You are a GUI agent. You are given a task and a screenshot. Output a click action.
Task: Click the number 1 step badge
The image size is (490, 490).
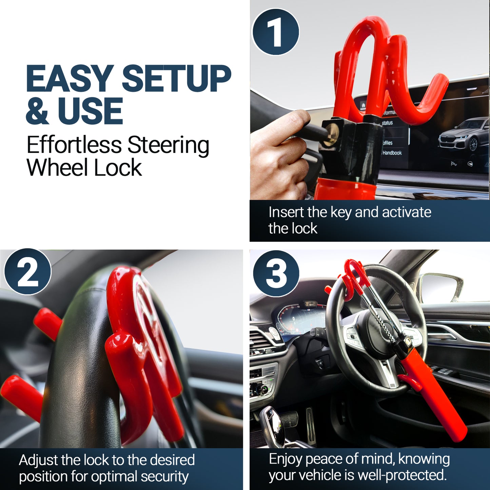pos(276,32)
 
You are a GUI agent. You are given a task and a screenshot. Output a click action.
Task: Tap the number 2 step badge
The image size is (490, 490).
pos(28,272)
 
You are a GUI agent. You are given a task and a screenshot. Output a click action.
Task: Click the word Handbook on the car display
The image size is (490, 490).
pos(392,153)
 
